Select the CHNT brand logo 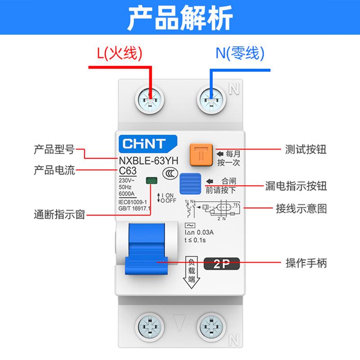pyautogui.click(x=144, y=144)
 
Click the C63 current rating pyautogui.click(x=127, y=171)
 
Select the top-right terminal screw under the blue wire pyautogui.click(x=211, y=99)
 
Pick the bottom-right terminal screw pyautogui.click(x=211, y=325)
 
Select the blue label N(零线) pyautogui.click(x=239, y=54)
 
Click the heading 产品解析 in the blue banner pyautogui.click(x=180, y=18)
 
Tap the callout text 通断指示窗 pyautogui.click(x=59, y=214)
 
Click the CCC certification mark pyautogui.click(x=169, y=174)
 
